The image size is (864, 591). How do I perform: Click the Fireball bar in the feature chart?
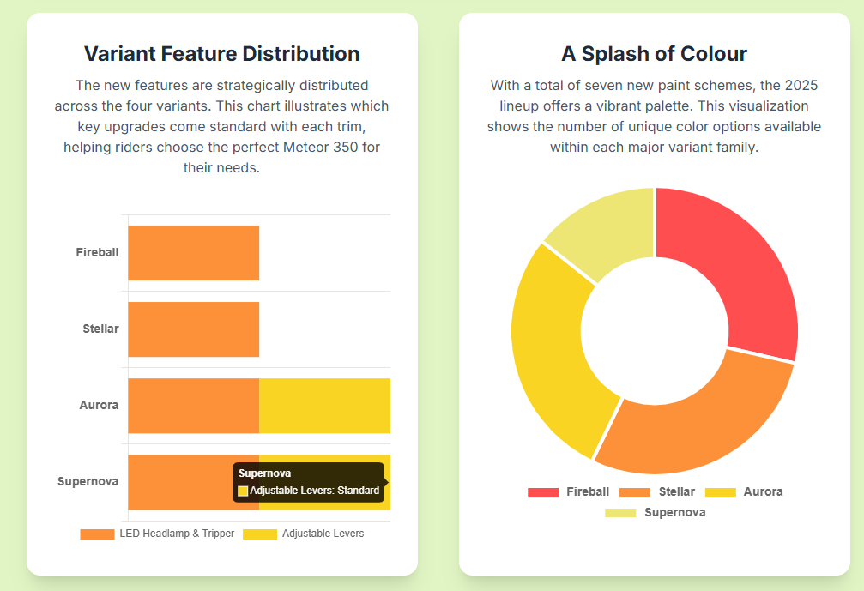pos(193,253)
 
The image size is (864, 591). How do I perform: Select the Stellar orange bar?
pos(193,329)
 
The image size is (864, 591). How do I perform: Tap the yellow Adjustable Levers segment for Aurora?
pos(324,406)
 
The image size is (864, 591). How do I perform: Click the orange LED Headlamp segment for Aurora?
pos(193,406)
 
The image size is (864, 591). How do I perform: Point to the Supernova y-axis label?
pos(88,481)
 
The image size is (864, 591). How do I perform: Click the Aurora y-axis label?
pos(99,405)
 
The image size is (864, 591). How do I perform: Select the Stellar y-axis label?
pos(100,329)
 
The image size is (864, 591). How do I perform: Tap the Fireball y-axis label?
pos(97,252)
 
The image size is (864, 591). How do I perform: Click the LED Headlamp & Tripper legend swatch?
pos(97,534)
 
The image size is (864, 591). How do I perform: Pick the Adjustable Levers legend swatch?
pos(260,534)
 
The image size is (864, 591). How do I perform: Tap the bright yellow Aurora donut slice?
pos(553,343)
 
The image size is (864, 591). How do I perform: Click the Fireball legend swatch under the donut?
pos(542,492)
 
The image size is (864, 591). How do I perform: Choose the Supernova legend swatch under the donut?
pos(619,513)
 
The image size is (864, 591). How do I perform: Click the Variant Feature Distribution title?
pos(221,54)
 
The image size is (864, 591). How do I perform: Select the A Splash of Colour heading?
pos(654,54)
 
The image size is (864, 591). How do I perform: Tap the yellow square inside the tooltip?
pos(243,491)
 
